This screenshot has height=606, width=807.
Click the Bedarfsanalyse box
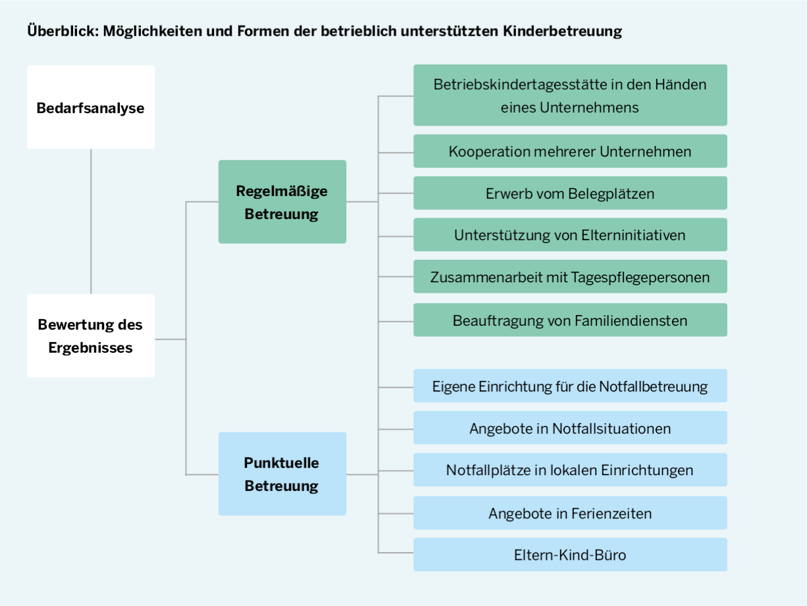point(91,107)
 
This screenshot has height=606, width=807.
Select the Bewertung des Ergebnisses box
point(91,336)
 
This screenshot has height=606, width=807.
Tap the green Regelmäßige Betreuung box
point(282,202)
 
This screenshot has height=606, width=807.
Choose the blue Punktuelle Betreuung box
point(282,474)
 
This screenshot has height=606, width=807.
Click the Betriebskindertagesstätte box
point(570,95)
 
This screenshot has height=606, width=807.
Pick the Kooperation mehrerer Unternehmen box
point(570,151)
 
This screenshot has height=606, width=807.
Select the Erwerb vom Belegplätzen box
point(570,193)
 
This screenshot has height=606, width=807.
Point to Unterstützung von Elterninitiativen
point(570,234)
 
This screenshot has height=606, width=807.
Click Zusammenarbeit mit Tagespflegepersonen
point(570,276)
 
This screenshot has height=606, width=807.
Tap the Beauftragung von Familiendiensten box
point(570,320)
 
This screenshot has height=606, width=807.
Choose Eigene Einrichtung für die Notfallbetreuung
point(570,386)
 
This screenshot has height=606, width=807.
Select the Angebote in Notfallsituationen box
point(570,428)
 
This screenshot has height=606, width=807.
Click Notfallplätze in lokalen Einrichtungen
point(570,470)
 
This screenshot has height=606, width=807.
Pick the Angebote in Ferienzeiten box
point(570,513)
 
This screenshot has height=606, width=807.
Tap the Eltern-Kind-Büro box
point(570,555)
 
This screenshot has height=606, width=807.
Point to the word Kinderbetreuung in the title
point(563,31)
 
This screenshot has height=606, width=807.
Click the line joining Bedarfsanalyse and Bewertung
point(91,221)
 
